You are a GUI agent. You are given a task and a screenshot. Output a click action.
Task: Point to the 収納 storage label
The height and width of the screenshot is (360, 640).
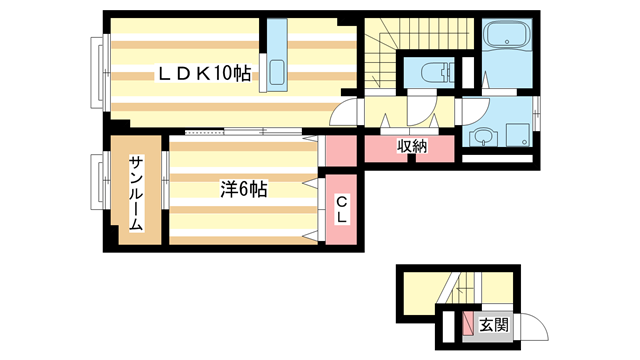point(412,146)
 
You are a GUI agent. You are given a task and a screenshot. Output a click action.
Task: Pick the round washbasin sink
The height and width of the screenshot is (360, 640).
point(483,137)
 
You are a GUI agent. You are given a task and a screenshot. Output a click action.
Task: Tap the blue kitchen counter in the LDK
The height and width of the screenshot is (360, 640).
point(275,57)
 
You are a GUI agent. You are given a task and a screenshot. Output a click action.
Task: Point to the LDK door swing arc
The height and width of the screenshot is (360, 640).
point(343,113)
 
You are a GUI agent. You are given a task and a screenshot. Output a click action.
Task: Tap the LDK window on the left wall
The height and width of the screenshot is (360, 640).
point(98,72)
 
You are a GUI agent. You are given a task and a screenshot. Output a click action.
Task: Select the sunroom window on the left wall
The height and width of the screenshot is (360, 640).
point(98,183)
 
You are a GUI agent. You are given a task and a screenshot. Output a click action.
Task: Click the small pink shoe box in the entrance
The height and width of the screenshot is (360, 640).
point(470,323)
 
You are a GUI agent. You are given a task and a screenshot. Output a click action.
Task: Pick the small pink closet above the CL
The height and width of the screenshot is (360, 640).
point(340,150)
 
